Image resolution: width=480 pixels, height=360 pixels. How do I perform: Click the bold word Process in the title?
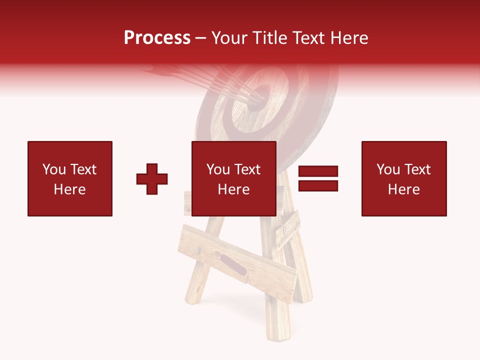[157, 38]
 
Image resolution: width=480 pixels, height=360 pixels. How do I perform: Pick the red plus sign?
[152, 179]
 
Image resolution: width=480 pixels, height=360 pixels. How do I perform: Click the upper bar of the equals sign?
[318, 171]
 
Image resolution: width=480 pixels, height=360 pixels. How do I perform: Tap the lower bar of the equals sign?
[318, 186]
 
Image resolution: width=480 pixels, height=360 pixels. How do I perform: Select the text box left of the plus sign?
[70, 178]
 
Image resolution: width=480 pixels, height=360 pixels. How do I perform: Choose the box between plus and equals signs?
[234, 178]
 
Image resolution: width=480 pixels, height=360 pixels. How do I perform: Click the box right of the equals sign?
[404, 178]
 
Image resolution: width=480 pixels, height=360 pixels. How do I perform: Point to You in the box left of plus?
[53, 169]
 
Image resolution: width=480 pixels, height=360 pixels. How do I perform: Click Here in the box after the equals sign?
[404, 189]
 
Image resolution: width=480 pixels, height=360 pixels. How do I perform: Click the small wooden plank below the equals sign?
[287, 229]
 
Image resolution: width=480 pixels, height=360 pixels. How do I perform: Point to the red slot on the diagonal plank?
[233, 265]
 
